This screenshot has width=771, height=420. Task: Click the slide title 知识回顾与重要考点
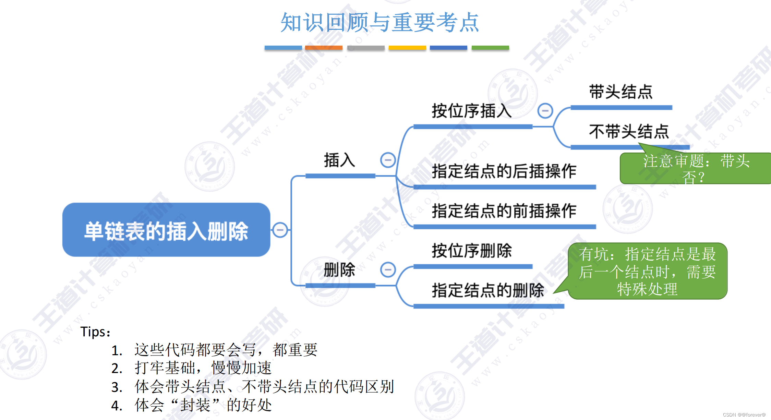coord(380,23)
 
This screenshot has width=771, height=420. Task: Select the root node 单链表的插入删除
coord(166,230)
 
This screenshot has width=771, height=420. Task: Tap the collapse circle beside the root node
coord(280,230)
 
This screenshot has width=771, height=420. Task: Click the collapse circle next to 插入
coord(388,160)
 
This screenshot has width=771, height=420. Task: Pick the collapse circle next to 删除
coord(388,269)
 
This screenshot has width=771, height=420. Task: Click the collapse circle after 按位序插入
coord(545,111)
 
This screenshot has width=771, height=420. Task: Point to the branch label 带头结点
coord(621,92)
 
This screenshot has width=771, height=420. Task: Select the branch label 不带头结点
coord(629,132)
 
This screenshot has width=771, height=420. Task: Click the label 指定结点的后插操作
coord(504,171)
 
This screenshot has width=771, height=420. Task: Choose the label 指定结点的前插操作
coord(504,211)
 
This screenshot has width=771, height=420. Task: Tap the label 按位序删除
coord(472,251)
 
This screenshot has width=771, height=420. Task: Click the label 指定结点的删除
coord(488,290)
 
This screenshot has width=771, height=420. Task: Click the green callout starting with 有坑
coord(647,271)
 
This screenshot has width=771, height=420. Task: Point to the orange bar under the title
coord(324,48)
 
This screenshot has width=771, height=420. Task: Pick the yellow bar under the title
coord(407,48)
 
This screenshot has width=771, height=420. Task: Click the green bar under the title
coord(490,48)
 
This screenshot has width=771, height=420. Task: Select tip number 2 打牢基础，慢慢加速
coord(203,368)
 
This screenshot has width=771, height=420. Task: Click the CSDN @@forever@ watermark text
coord(744,415)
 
